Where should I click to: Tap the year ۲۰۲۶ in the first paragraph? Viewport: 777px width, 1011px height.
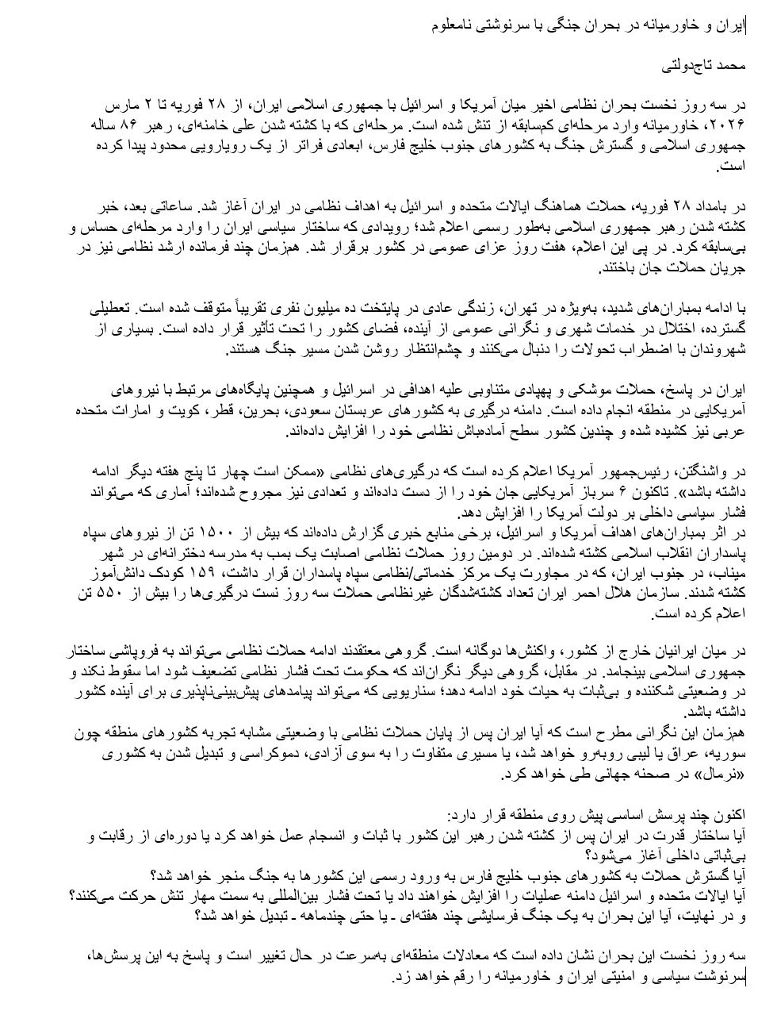click(x=729, y=125)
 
